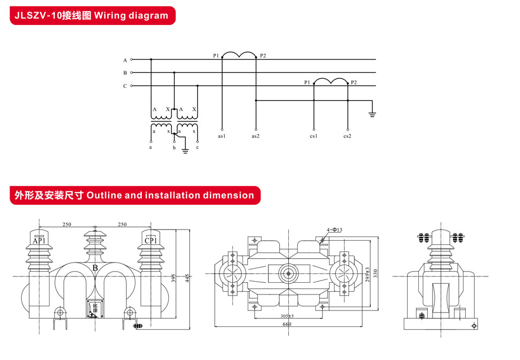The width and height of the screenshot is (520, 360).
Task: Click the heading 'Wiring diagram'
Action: (x=131, y=15)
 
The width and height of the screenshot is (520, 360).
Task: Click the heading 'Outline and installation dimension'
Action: (x=170, y=195)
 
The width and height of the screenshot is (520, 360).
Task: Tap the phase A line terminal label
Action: (x=125, y=60)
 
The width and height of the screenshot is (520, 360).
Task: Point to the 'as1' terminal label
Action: (x=222, y=136)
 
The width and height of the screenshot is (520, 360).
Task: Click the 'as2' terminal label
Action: (x=256, y=136)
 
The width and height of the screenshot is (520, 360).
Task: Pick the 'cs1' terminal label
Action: (x=313, y=136)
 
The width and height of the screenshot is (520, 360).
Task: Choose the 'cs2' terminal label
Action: (x=347, y=136)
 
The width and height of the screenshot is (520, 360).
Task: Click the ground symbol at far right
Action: (x=373, y=113)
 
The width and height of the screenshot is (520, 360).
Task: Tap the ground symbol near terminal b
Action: (x=185, y=151)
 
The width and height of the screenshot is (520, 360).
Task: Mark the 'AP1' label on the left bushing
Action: (x=39, y=241)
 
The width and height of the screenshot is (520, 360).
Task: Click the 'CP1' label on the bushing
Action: (x=151, y=241)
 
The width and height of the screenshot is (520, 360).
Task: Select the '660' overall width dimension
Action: (x=287, y=324)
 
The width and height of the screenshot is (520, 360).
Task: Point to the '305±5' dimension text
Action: (x=287, y=316)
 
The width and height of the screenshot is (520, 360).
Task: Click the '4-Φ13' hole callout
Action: (x=334, y=230)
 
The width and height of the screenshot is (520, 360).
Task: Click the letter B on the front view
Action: (x=95, y=268)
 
